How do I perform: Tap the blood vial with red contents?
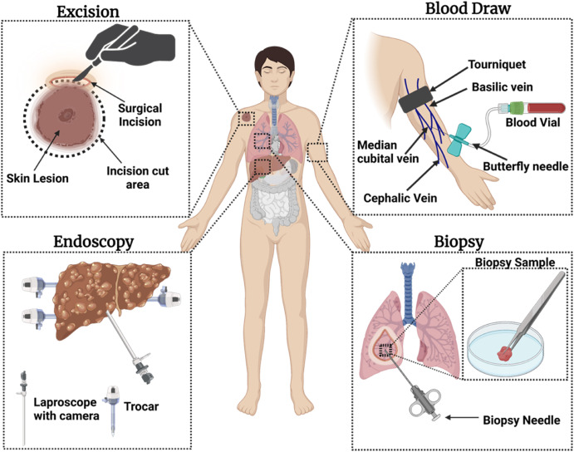[540, 108]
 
